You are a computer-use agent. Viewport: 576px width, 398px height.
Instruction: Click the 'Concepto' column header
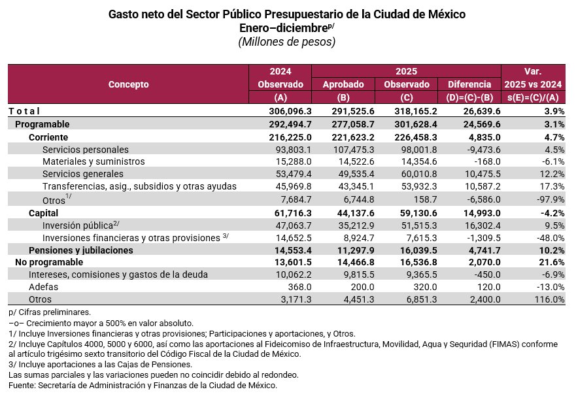[x=128, y=84]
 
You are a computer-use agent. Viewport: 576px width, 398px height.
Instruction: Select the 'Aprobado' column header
[x=343, y=84]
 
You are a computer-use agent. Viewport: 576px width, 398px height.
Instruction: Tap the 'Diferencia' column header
[x=469, y=84]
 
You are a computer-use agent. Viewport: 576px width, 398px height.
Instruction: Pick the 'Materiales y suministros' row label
[x=93, y=161]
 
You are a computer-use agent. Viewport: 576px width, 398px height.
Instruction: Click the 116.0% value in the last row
[x=549, y=299]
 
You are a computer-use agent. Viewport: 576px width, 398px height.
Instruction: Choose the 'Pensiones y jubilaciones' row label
[x=80, y=250]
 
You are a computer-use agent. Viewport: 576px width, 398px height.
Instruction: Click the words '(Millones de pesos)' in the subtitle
[x=287, y=42]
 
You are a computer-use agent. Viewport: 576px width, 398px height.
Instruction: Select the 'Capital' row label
[x=43, y=213]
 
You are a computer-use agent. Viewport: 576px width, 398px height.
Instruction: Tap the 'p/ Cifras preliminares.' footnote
[x=50, y=312]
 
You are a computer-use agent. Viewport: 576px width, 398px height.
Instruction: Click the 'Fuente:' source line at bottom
[x=143, y=386]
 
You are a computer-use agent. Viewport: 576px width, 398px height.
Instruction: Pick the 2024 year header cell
[x=280, y=71]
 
